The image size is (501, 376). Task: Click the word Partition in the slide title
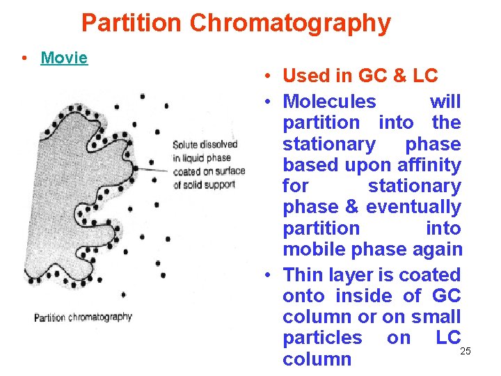click(132, 23)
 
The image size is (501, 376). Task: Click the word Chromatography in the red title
click(290, 24)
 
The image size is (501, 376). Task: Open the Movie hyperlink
click(64, 58)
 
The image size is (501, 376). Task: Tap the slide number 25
click(466, 350)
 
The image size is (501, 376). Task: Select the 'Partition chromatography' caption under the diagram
click(83, 317)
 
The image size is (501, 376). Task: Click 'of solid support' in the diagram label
click(204, 185)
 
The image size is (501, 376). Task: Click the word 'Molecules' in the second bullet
click(329, 102)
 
